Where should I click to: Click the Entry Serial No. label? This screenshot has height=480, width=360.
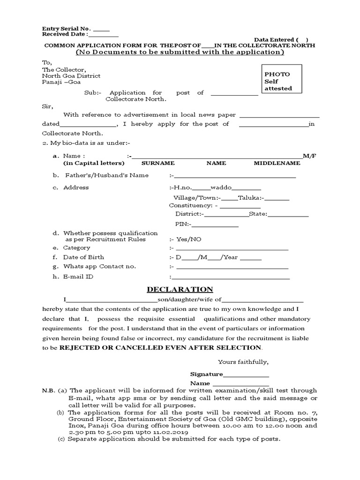click(67, 29)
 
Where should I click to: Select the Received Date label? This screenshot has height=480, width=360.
click(64, 34)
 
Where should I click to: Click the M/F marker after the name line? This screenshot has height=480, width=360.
click(310, 155)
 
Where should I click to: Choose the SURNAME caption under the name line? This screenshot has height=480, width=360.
click(158, 163)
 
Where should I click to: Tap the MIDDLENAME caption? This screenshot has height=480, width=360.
click(277, 163)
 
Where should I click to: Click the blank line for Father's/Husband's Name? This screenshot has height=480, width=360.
click(235, 177)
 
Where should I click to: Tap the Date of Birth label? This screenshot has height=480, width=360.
click(84, 257)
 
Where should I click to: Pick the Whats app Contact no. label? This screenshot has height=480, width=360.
click(99, 266)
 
